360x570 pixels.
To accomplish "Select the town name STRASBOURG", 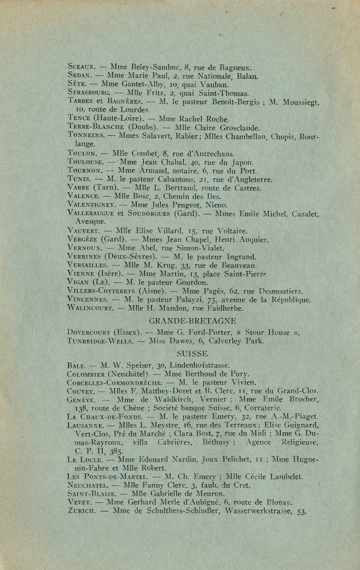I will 89,94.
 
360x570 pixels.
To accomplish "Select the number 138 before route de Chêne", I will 82,408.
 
